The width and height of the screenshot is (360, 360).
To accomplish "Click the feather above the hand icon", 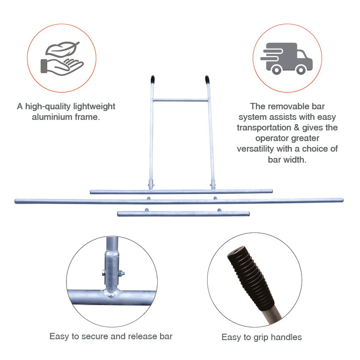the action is tap(62, 49).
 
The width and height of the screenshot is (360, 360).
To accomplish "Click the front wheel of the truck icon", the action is tap(301, 69).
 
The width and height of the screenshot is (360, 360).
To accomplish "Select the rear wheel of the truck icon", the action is tap(277, 69).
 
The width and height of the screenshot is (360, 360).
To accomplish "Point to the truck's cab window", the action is tap(302, 55).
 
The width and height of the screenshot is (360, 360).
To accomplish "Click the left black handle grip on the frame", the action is tap(152, 80).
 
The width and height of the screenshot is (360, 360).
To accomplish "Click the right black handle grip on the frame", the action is tap(207, 80).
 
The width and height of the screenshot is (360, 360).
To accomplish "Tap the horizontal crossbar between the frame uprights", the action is tap(180, 100).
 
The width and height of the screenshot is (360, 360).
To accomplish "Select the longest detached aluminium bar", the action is tap(179, 201).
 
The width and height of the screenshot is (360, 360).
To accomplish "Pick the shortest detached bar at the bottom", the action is tap(183, 213).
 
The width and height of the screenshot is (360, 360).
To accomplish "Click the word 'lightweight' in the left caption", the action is tap(94, 107).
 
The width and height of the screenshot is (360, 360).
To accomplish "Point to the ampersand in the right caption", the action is tap(296, 127).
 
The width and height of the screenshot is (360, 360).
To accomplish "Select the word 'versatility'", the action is tap(255, 149).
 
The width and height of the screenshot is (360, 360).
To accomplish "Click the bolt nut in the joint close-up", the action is tap(121, 273).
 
